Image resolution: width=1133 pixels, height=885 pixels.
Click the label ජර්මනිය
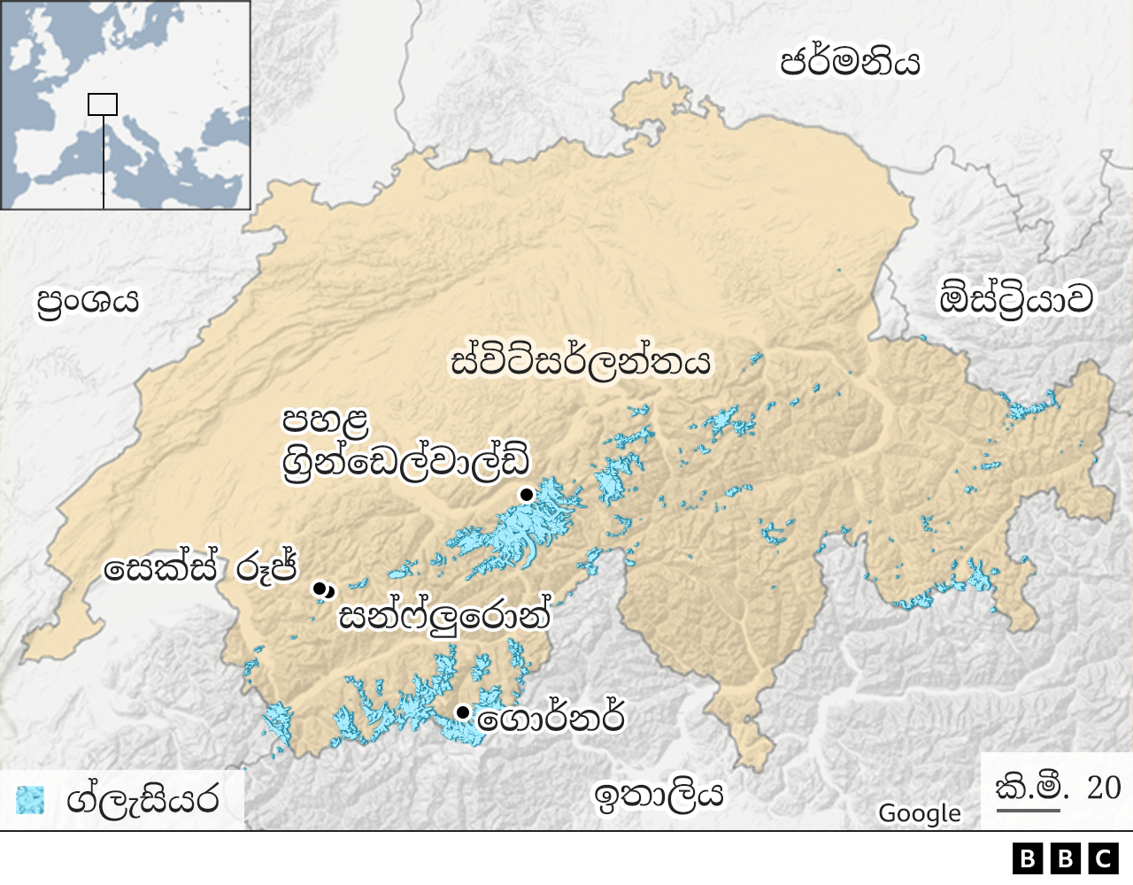[849, 62]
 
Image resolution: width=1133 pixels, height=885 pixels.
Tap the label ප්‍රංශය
[88, 301]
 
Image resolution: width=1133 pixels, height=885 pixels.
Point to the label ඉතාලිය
[659, 795]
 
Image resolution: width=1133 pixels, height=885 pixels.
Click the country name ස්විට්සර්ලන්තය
[581, 362]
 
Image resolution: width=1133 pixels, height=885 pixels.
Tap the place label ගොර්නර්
[551, 718]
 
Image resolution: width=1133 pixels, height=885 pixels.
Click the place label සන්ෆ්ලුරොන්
[445, 616]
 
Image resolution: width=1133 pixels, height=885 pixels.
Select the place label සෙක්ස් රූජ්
[200, 568]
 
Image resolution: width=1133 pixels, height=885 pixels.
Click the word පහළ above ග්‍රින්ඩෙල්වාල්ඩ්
[325, 420]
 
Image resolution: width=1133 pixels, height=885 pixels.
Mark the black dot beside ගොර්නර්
[462, 712]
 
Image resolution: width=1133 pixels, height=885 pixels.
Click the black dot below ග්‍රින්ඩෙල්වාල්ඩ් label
[527, 494]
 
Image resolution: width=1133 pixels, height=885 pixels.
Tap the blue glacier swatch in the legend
[30, 799]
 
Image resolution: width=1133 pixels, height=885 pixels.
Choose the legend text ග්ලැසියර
[142, 800]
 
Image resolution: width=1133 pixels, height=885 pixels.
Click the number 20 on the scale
[1103, 787]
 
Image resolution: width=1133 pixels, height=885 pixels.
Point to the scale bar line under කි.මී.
[1028, 809]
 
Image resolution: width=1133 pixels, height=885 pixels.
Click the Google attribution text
[919, 813]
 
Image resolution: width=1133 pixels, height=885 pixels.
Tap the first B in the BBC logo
[1027, 858]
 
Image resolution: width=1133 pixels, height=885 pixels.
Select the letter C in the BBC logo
[1103, 858]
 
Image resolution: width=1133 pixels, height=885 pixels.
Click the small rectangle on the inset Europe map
[103, 104]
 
